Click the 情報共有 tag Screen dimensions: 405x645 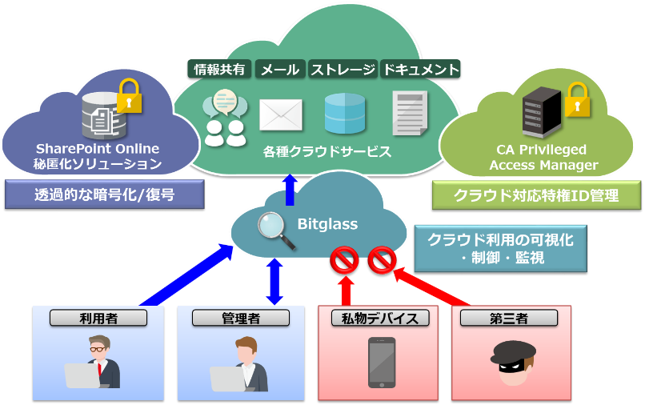pyautogui.click(x=220, y=70)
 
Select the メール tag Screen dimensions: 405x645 pyautogui.click(x=281, y=70)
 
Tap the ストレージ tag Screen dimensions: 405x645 pyautogui.click(x=343, y=70)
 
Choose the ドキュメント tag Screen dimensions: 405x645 pyautogui.click(x=421, y=70)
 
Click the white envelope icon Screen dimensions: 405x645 pyautogui.click(x=281, y=114)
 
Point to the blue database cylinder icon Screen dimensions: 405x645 pyautogui.click(x=345, y=114)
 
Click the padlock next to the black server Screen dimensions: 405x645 pyautogui.click(x=575, y=100)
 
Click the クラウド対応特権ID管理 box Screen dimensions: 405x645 pyautogui.click(x=536, y=194)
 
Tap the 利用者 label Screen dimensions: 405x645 pyautogui.click(x=98, y=318)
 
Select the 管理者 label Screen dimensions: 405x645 pyautogui.click(x=241, y=318)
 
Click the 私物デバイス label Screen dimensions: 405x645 pyautogui.click(x=380, y=318)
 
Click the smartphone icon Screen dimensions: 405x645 pyautogui.click(x=382, y=362)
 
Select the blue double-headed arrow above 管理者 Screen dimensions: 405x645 pyautogui.click(x=274, y=282)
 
